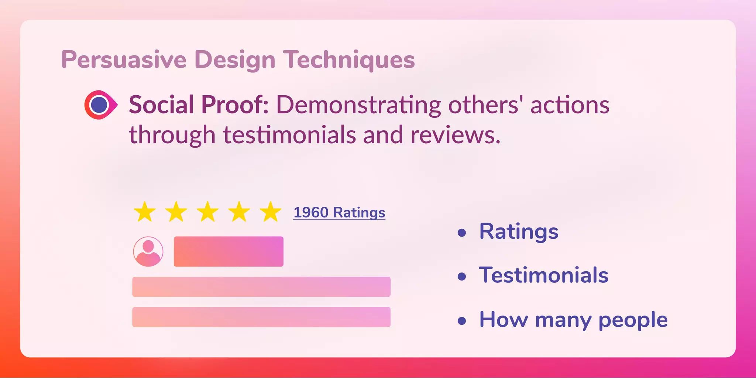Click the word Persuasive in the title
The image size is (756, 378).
point(124,59)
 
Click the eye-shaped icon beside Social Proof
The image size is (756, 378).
point(100,105)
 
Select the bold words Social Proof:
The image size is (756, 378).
point(199,105)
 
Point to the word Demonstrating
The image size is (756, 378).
point(358,105)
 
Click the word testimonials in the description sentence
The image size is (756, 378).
point(290,135)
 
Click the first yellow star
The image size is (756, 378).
point(144,212)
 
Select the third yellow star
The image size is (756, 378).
point(208,212)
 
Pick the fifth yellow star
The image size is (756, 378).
point(271,212)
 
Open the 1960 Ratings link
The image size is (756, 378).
point(339,213)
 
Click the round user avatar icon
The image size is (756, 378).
point(148,251)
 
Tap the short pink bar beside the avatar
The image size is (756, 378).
point(228,251)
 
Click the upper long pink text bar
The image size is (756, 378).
point(261,287)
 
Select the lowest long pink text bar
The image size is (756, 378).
point(261,317)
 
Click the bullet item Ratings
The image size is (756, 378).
point(519,232)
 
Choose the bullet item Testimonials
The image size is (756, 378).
point(543,275)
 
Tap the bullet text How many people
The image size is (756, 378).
point(573,320)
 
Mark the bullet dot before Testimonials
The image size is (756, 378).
point(462,276)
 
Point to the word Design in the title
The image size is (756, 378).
point(235,59)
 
